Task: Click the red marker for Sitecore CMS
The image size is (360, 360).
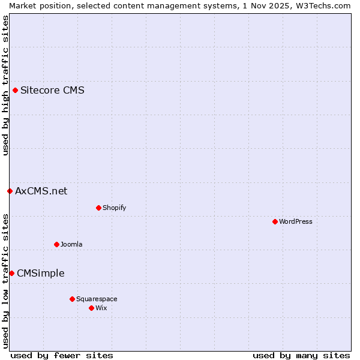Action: (x=16, y=91)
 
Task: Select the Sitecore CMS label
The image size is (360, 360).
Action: (x=52, y=91)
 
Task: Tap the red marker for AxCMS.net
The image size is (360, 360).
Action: (x=10, y=191)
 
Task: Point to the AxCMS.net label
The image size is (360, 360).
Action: (x=41, y=191)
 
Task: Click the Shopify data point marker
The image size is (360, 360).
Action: (x=98, y=208)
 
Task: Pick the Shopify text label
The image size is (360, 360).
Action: (x=114, y=208)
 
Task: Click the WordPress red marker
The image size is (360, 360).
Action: (x=275, y=222)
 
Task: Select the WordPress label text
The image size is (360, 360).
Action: (x=295, y=222)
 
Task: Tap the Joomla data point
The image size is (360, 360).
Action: (x=56, y=245)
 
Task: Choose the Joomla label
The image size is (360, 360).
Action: (x=71, y=245)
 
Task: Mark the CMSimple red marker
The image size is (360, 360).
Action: (x=11, y=274)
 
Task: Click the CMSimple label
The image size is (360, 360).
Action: (x=40, y=274)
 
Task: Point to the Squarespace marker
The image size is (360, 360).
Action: (x=72, y=299)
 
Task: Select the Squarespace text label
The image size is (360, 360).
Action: (x=97, y=299)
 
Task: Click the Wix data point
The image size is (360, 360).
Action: (x=91, y=308)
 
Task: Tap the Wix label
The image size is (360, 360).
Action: (x=101, y=308)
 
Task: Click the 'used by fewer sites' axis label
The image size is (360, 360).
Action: (x=62, y=356)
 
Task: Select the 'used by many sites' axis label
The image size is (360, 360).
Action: (x=301, y=356)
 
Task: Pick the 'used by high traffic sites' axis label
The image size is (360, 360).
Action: (x=5, y=85)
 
